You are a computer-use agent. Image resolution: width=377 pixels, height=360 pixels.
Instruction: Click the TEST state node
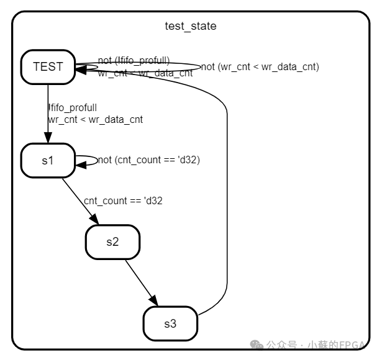pyautogui.click(x=48, y=67)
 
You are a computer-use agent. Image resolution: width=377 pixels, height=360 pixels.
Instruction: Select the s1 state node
pyautogui.click(x=48, y=160)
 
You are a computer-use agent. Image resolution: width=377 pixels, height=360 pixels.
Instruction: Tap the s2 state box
pyautogui.click(x=112, y=242)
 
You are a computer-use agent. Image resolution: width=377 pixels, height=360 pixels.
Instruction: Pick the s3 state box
pyautogui.click(x=170, y=323)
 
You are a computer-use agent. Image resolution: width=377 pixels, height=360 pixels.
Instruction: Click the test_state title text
pyautogui.click(x=190, y=26)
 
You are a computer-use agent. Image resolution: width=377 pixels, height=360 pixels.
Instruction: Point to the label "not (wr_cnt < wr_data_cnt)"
pyautogui.click(x=260, y=67)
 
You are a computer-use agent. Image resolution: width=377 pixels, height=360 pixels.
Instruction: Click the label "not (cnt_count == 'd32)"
pyautogui.click(x=148, y=160)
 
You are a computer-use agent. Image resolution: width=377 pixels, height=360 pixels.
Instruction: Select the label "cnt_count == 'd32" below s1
pyautogui.click(x=123, y=200)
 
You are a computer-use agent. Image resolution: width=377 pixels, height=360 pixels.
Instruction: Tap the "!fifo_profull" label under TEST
pyautogui.click(x=72, y=108)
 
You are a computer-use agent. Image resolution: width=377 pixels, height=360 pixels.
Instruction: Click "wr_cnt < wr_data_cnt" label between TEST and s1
pyautogui.click(x=95, y=119)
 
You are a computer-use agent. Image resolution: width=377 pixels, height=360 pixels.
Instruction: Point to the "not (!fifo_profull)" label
pyautogui.click(x=134, y=60)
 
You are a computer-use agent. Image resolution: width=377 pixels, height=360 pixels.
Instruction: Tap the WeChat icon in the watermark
pyautogui.click(x=255, y=344)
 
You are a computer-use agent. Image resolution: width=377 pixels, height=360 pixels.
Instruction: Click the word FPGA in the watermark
pyautogui.click(x=355, y=344)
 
